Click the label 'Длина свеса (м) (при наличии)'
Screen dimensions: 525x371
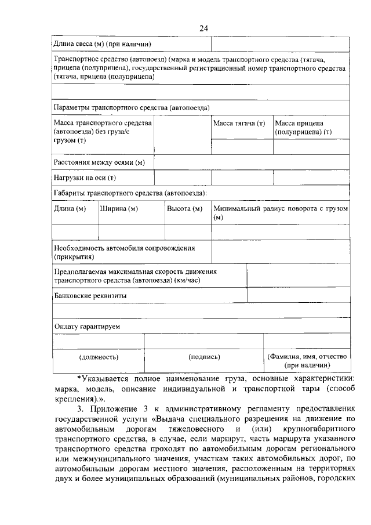[x=102, y=44]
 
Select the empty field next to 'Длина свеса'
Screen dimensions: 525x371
[x=280, y=44]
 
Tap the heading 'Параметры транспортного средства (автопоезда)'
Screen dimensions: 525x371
[x=131, y=108]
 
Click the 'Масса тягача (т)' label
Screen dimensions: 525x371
[x=239, y=124]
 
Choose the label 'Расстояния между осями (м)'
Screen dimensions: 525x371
[x=99, y=162]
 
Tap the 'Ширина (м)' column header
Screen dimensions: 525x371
[x=119, y=208]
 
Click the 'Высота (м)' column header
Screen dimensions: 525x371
[x=185, y=208]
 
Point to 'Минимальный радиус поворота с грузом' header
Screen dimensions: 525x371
[x=281, y=208]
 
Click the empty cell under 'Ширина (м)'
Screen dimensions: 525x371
[x=131, y=232]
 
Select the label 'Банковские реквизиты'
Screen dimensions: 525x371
[x=90, y=295]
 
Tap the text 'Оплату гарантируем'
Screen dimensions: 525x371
[x=87, y=327]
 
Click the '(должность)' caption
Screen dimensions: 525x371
[x=99, y=357]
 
